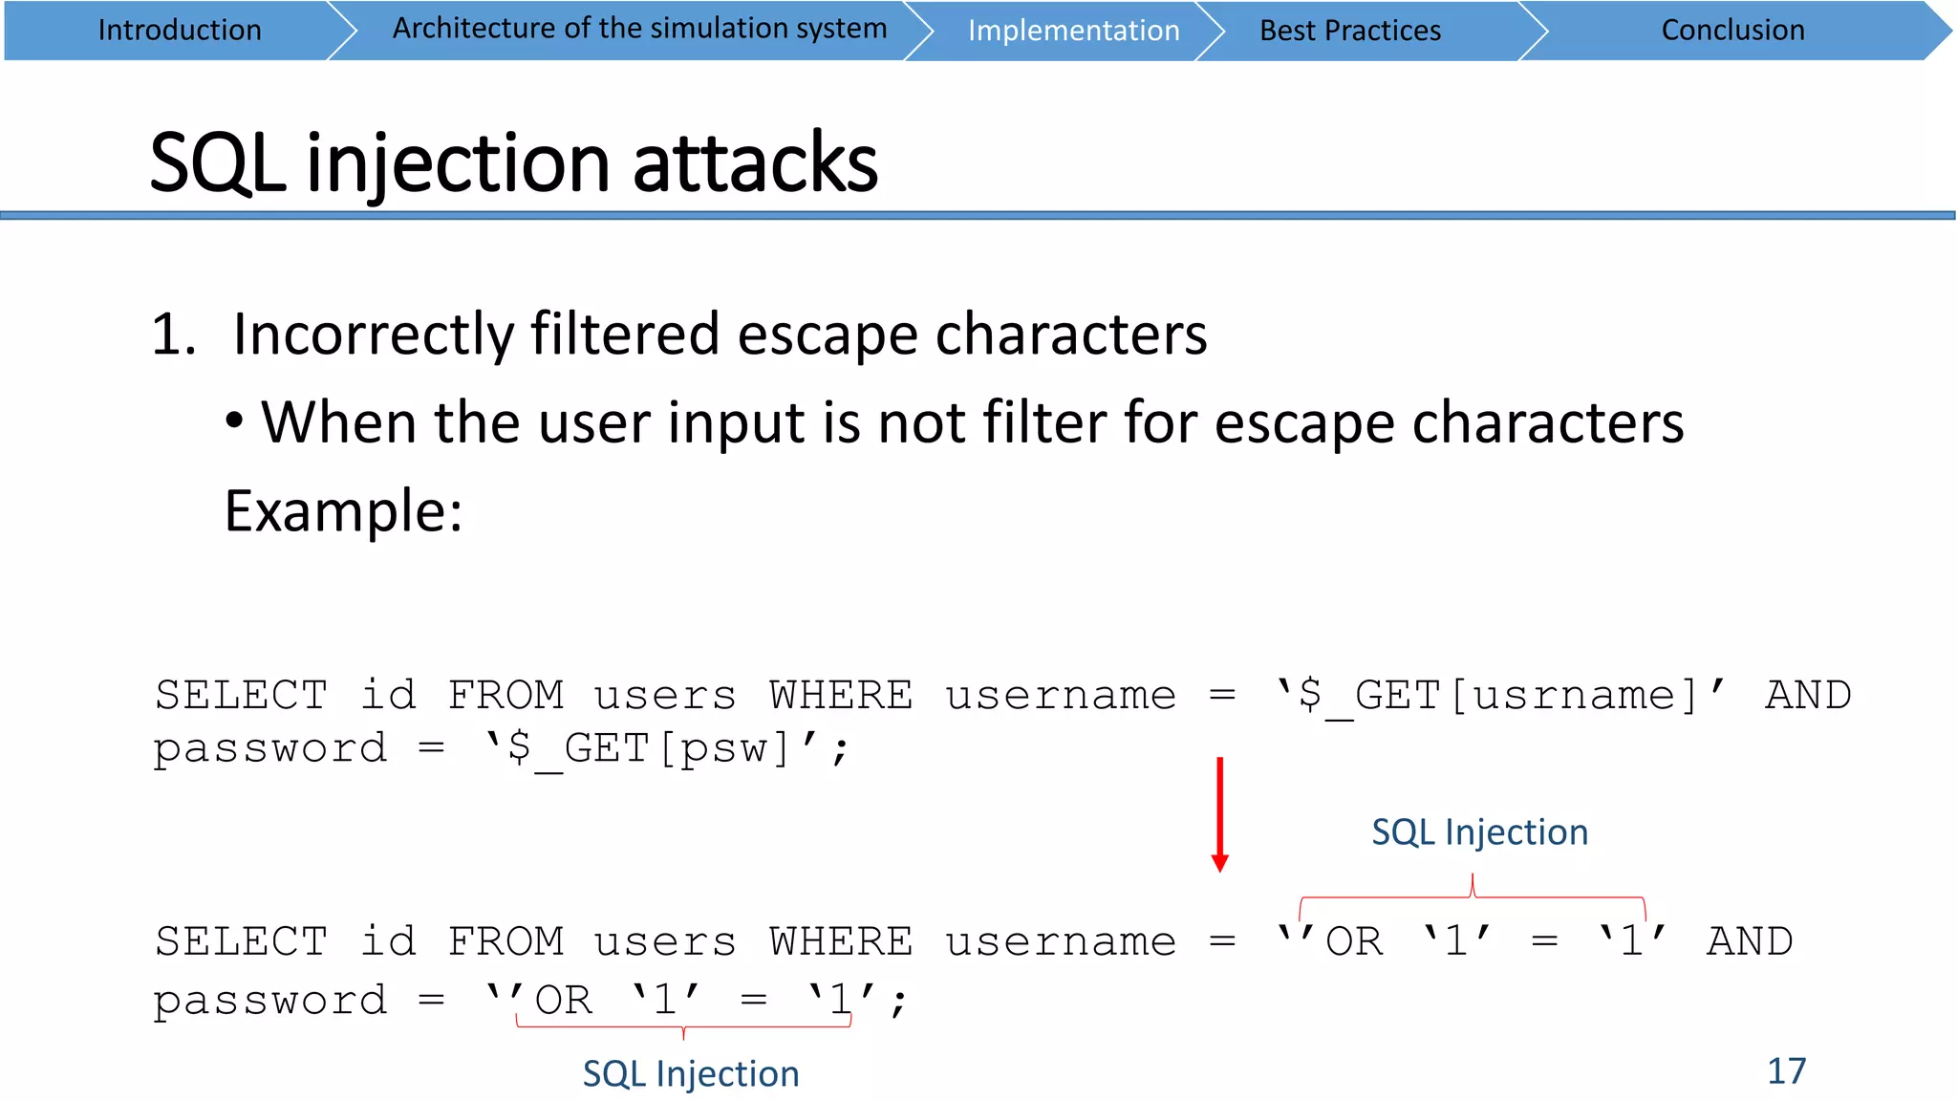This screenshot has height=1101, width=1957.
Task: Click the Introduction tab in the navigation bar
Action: (180, 31)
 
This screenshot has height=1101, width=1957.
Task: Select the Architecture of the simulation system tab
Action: (639, 29)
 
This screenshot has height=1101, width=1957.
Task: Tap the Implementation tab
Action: (1073, 31)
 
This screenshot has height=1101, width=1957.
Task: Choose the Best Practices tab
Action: (1349, 31)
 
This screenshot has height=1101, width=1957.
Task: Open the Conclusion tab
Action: (1732, 31)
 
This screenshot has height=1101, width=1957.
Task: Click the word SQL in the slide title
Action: (217, 163)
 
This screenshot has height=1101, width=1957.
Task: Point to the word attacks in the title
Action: (755, 163)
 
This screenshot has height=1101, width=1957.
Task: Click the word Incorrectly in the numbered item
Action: (374, 335)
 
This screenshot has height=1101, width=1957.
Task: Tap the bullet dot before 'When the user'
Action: (235, 421)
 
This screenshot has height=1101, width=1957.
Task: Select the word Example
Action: (343, 511)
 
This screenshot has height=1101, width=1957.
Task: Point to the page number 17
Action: (1786, 1071)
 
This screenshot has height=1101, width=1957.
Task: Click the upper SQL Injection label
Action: (1479, 832)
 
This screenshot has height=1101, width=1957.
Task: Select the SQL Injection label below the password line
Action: (691, 1074)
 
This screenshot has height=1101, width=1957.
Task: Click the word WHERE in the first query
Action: (841, 696)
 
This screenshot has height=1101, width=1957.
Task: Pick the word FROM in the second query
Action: (505, 942)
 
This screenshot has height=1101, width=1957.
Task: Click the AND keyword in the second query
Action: (1750, 942)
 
